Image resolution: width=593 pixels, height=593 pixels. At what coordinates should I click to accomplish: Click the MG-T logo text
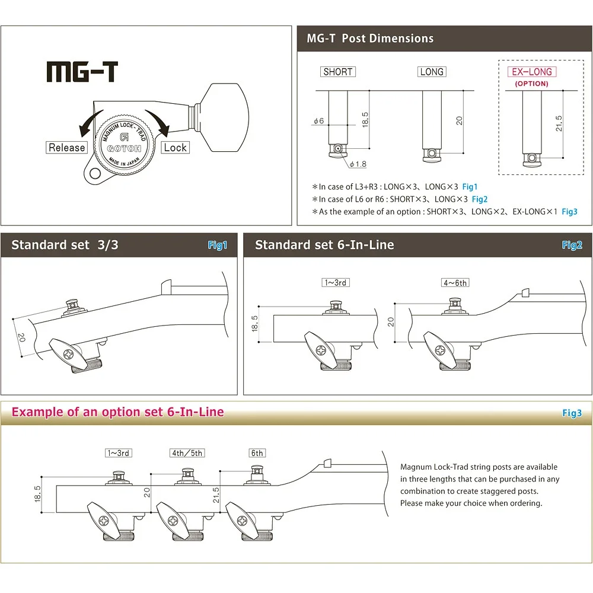tap(82, 72)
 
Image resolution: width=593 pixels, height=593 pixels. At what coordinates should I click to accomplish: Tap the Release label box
tap(67, 148)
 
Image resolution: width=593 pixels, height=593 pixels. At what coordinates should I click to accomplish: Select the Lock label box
tap(175, 148)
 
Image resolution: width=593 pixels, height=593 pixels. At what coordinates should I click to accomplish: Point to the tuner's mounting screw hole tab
tap(93, 173)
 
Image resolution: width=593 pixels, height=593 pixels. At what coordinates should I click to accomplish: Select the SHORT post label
tap(337, 72)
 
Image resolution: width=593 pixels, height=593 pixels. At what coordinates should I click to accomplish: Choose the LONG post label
tap(431, 72)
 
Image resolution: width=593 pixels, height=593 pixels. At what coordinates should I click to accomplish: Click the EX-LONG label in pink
tap(531, 72)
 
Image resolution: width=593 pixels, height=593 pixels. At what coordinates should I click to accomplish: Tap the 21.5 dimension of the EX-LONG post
tap(558, 123)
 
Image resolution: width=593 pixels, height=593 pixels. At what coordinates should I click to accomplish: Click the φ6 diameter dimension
tap(319, 121)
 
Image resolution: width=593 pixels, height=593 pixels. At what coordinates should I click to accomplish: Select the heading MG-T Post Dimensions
tap(370, 39)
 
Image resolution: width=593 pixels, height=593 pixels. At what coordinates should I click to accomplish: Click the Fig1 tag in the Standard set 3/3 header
tap(217, 245)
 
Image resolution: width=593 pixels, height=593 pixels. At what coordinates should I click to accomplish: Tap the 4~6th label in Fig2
tap(455, 283)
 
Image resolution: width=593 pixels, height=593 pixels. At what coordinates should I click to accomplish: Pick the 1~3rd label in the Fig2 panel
tap(335, 282)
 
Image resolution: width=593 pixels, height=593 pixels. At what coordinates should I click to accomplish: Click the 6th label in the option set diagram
tap(257, 453)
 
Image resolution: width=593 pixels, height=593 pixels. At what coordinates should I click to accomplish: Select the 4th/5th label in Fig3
tap(187, 453)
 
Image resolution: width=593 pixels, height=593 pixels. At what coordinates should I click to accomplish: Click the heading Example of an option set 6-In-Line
tap(118, 412)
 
